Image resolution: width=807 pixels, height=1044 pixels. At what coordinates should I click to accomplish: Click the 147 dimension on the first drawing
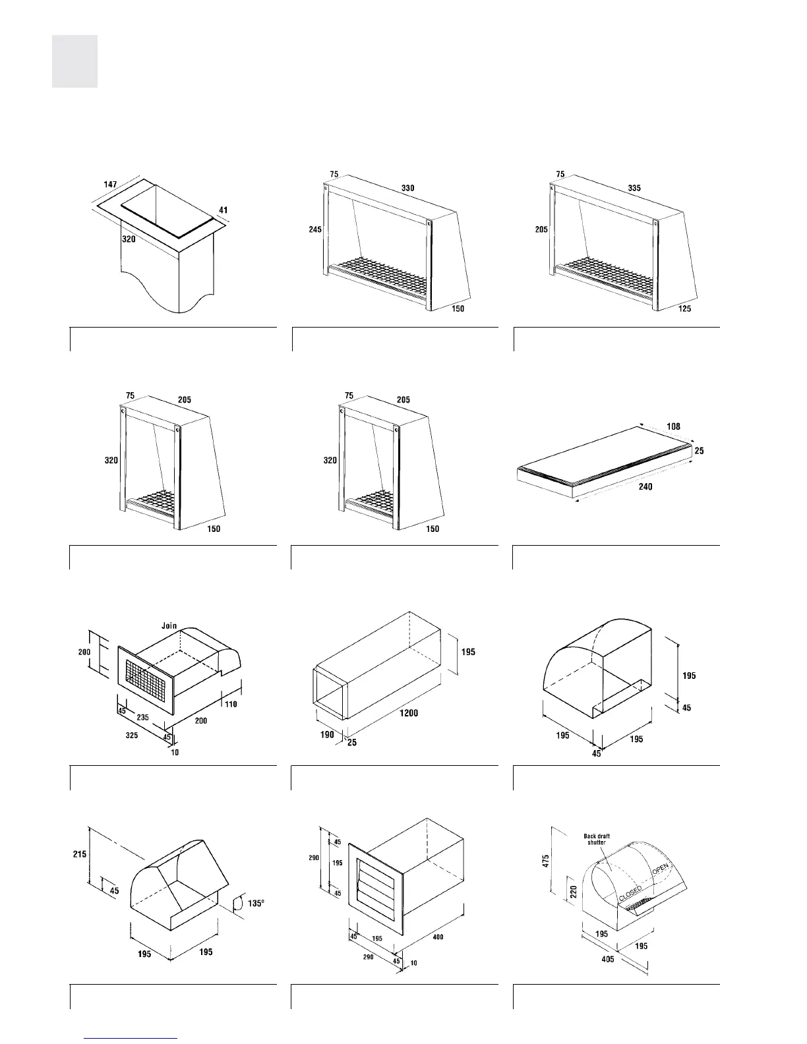click(x=110, y=186)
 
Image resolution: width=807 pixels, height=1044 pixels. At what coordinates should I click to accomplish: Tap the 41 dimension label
click(x=223, y=211)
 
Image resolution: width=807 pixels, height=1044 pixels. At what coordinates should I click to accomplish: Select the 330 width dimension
click(x=408, y=188)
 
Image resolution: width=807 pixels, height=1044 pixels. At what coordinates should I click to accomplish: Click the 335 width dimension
click(x=634, y=188)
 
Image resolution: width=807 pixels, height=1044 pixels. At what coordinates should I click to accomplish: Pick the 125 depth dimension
click(x=684, y=308)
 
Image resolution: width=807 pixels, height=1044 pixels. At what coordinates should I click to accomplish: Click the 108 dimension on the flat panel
click(x=673, y=426)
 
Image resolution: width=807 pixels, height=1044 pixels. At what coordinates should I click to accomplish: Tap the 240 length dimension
click(x=645, y=487)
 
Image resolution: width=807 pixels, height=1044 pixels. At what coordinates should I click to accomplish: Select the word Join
click(x=169, y=625)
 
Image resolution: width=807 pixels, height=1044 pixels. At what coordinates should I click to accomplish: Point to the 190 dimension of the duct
click(x=328, y=734)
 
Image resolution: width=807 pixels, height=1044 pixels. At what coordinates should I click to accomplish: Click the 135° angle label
click(x=256, y=903)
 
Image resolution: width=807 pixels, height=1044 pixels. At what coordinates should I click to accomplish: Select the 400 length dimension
click(x=438, y=937)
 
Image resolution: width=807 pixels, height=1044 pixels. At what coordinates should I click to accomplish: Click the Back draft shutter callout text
click(x=597, y=839)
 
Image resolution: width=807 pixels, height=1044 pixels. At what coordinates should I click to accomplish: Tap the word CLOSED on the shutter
click(x=630, y=893)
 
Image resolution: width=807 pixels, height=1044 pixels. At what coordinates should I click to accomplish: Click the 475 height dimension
click(x=547, y=860)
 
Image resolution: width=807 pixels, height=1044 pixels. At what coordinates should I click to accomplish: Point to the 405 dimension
click(x=607, y=958)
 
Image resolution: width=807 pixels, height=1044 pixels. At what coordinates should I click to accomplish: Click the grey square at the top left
click(x=75, y=61)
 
